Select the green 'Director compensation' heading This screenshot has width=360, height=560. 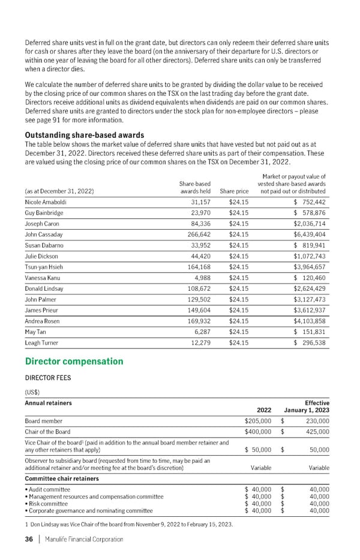pos(74,362)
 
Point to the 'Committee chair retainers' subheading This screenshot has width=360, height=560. pos(62,478)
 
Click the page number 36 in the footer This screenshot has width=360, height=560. pos(28,539)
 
